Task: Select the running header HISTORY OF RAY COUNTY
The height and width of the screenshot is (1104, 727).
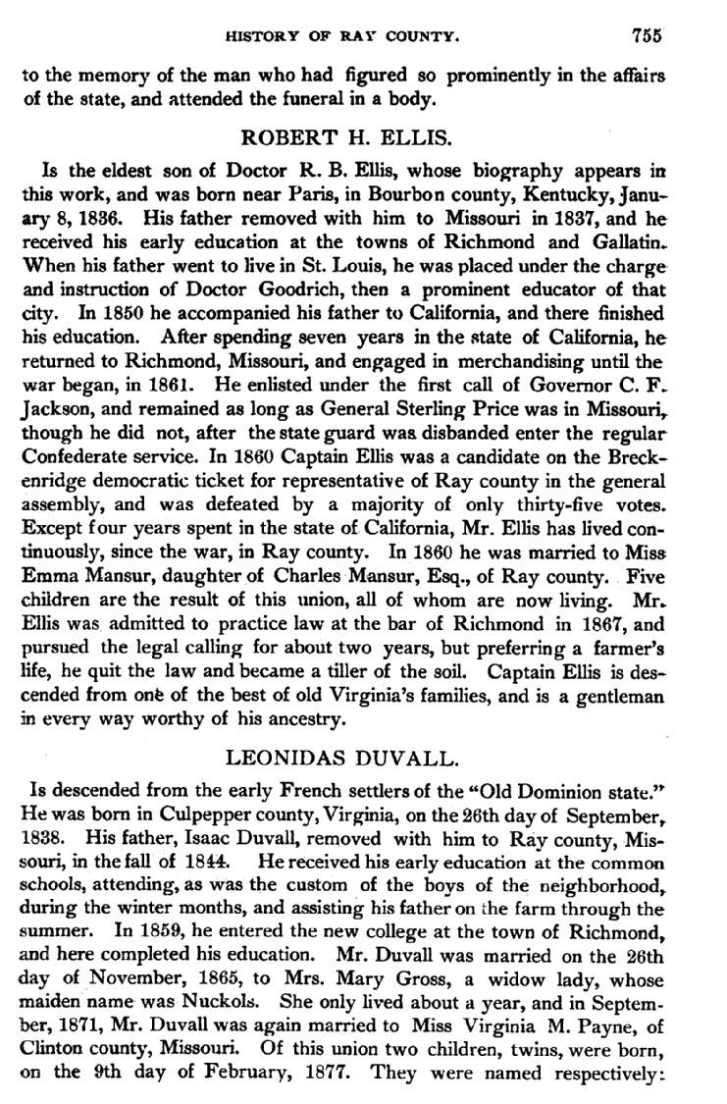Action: pos(342,37)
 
